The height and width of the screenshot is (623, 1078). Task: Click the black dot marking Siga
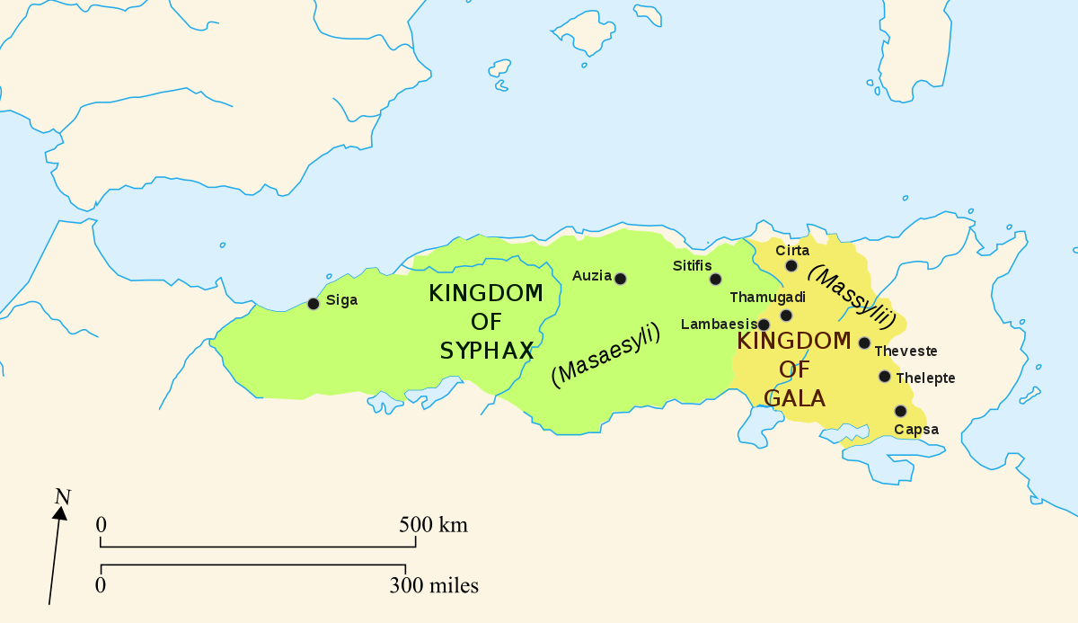pos(314,304)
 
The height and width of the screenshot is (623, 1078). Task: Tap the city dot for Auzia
pos(620,279)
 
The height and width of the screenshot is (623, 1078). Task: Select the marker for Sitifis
pos(715,279)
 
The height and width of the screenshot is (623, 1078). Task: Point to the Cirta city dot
pos(791,265)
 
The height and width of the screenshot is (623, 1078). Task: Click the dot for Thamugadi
pos(786,315)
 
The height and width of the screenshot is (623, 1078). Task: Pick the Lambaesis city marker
pos(764,325)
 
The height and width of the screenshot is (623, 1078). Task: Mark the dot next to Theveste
pos(864,343)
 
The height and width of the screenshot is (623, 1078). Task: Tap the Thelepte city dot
pos(885,377)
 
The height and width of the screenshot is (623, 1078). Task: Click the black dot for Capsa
pos(900,411)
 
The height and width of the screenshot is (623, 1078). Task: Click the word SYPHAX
pos(487,351)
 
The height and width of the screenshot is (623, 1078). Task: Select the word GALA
pos(794,397)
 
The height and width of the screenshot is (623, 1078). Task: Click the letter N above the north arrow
pos(62,496)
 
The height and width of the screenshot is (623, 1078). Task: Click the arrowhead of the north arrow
pos(60,513)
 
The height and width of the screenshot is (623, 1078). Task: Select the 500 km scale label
pos(434,525)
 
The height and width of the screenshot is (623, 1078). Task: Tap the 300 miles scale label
pos(434,586)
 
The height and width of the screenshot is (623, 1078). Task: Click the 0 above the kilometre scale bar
pos(102,525)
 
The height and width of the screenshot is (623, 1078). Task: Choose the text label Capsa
pos(916,430)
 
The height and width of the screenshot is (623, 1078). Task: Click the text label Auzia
pos(591,275)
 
